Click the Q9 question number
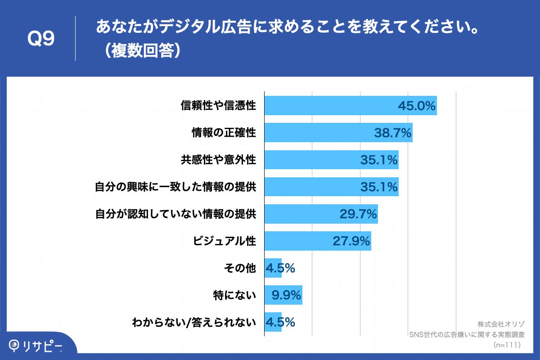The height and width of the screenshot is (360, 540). coord(41,39)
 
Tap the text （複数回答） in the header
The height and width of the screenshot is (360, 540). coord(140,50)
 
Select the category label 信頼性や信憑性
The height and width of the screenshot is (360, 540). coord(218,106)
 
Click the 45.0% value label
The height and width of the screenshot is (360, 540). coord(417,106)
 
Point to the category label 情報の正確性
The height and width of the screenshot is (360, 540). coord(224,133)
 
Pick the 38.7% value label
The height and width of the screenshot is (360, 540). coord(393,133)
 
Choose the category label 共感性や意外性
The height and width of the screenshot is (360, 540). coord(218,160)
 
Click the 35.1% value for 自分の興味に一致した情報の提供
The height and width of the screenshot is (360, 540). coord(379,187)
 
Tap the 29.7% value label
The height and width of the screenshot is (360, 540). coord(358,214)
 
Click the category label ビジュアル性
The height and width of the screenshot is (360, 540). coord(224,241)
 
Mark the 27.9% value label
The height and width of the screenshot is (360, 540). coord(351,241)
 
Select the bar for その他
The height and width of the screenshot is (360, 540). coord(273,268)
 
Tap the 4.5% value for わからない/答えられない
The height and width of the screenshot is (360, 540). coord(280,323)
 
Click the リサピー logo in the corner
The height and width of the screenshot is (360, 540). coord(36,346)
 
